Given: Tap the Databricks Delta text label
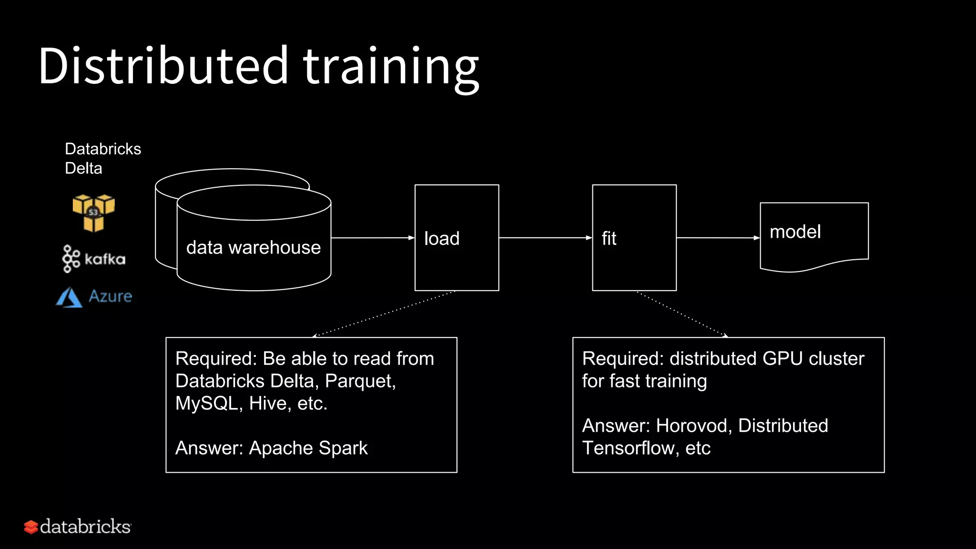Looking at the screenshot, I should coord(102,158).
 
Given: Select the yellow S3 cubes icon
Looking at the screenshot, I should coord(93,213).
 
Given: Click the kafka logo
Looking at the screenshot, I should coord(94,259).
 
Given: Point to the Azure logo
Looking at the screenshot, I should coord(94,296).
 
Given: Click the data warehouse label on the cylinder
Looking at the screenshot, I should coord(253,247).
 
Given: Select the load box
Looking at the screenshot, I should coord(457,238).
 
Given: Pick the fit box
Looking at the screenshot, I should coord(634,238).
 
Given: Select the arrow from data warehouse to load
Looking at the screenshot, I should coord(372,238).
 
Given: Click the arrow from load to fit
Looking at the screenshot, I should coord(545,238).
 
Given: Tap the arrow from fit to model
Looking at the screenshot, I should coord(718,238).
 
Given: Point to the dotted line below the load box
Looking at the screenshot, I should coord(384,314).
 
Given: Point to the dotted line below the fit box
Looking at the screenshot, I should coord(682,314).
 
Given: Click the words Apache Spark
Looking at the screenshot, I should coord(308,448).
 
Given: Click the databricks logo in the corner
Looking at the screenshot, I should coord(78,527).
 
